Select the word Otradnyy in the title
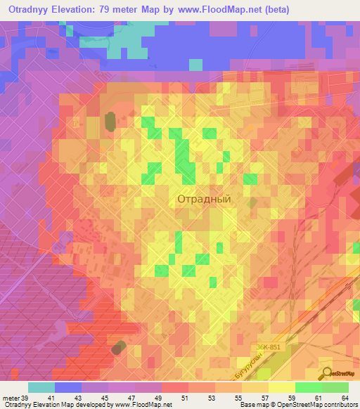point(35,10)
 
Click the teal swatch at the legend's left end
point(41,387)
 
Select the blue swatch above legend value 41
point(68,387)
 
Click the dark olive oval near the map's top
point(110,122)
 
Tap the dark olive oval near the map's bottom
point(119,347)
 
